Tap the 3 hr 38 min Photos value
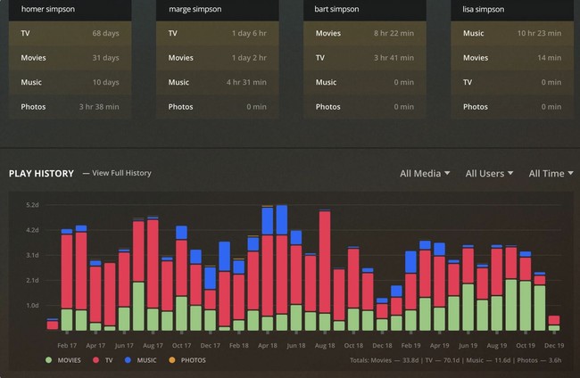click(100, 107)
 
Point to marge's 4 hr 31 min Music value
click(248, 83)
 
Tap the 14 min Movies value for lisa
click(550, 58)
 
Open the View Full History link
click(117, 173)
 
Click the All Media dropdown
click(425, 173)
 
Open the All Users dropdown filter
click(489, 173)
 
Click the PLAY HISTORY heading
click(41, 173)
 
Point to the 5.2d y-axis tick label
click(32, 205)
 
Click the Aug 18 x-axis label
click(325, 345)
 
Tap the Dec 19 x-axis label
click(553, 345)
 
